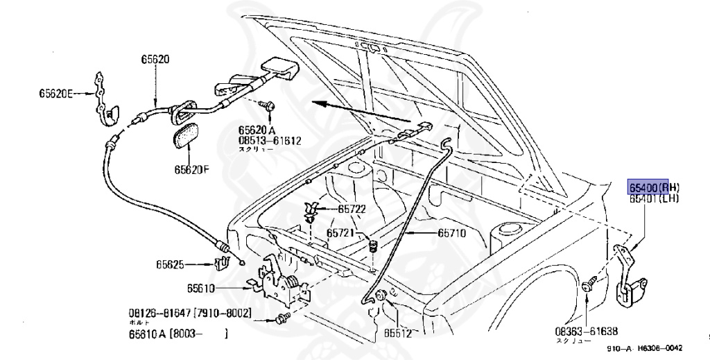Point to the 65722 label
(352, 209)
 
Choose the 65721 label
(341, 233)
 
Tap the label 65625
(170, 264)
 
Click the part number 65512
(398, 334)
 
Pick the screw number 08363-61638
(586, 332)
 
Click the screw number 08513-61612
(270, 140)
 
